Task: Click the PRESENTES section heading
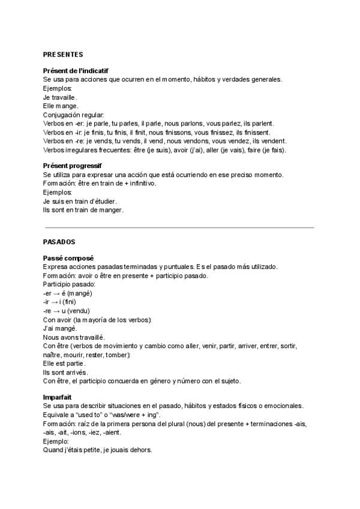(63, 54)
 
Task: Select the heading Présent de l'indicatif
(76, 71)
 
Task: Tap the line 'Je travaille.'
(61, 97)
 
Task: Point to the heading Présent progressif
(73, 166)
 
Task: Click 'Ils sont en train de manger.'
(83, 210)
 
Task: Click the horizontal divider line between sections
(179, 227)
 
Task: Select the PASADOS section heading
(59, 241)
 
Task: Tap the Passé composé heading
(68, 258)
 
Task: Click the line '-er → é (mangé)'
(67, 293)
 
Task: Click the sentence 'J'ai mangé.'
(60, 328)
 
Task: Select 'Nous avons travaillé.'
(74, 337)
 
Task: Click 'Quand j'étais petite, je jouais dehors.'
(98, 451)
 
